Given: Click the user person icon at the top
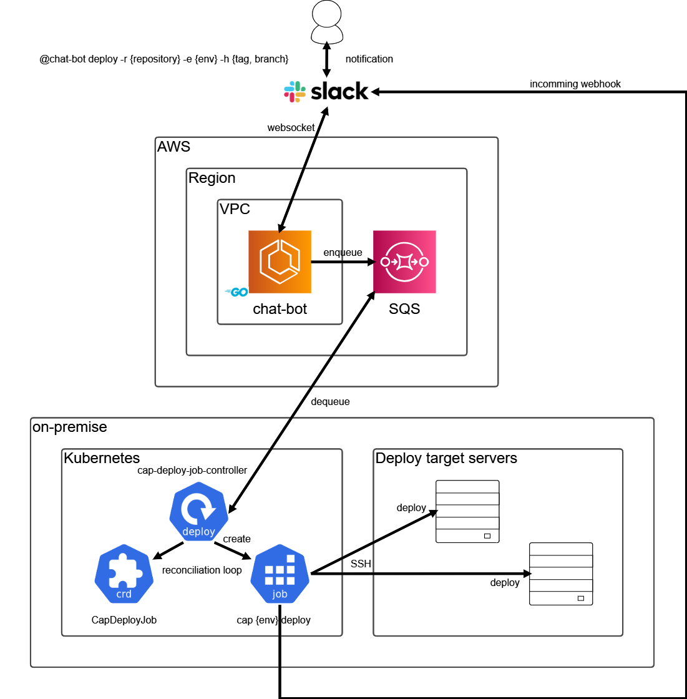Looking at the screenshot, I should (327, 21).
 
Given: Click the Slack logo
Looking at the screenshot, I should (326, 92).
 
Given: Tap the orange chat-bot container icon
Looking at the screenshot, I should (280, 262).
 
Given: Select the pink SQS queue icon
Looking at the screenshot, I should (404, 262).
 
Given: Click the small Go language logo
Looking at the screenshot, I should (236, 291).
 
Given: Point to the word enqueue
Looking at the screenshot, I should (343, 252).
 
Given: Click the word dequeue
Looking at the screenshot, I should (330, 402).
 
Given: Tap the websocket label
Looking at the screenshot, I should (291, 127).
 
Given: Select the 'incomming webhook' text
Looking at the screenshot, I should (575, 84).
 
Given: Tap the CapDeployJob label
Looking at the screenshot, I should (124, 620).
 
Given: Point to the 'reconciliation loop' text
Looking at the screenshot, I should (202, 570).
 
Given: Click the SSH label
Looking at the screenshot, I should (361, 564).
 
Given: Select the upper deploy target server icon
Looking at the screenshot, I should (467, 511).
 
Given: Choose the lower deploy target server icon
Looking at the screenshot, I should (561, 574).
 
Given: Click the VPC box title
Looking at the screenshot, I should (235, 209).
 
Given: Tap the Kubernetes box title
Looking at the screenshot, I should (102, 458).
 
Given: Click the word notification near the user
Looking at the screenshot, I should (369, 59).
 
